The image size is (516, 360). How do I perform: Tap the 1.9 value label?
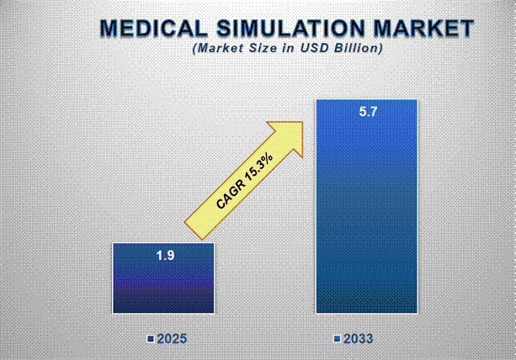[164, 255]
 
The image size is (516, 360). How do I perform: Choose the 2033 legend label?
[358, 339]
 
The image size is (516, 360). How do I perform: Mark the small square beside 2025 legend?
[150, 339]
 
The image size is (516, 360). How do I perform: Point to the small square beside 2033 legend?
[337, 339]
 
